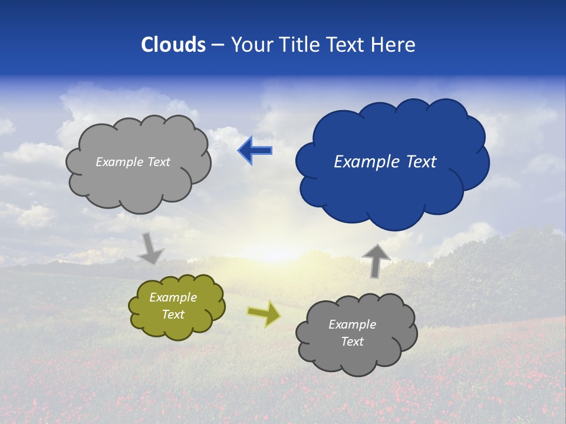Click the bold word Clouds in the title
tap(173, 45)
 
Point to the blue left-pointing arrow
tap(255, 151)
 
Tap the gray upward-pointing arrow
tap(376, 260)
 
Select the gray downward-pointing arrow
tap(150, 247)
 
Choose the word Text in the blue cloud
tap(421, 162)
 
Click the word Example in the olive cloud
tap(173, 297)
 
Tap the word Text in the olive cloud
tap(173, 314)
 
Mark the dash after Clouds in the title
tap(218, 45)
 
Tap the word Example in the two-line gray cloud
tap(352, 324)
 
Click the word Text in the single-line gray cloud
tap(158, 162)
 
